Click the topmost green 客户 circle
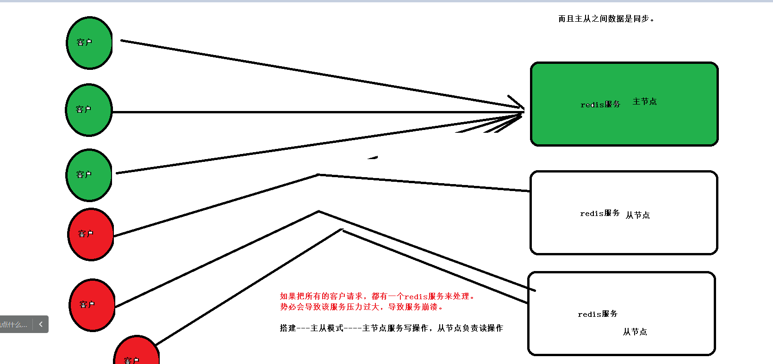tap(89, 43)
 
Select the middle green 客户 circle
tap(89, 110)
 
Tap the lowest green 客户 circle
tap(89, 175)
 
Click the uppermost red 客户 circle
tap(91, 234)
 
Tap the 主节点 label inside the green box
tap(644, 102)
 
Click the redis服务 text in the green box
tap(600, 105)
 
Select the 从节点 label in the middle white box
tap(637, 215)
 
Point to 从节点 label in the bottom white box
tap(635, 332)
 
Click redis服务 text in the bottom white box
tap(597, 314)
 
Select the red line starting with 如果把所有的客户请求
tap(377, 296)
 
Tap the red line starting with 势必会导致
tap(362, 307)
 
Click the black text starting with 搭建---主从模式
tap(391, 328)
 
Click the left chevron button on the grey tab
tap(41, 324)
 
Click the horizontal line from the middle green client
tap(315, 112)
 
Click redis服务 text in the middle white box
tap(599, 213)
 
